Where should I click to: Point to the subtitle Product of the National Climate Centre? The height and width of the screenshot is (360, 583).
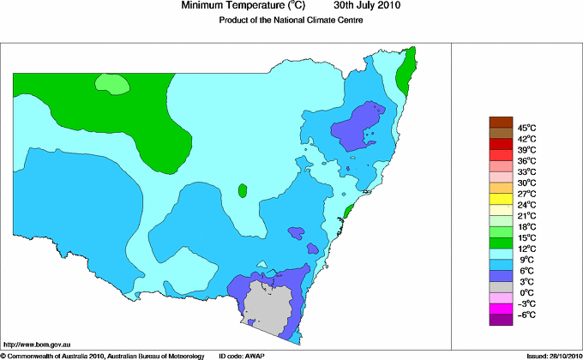291,21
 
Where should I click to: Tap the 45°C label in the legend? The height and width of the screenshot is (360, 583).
526,128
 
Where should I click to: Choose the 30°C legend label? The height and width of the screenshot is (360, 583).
526,183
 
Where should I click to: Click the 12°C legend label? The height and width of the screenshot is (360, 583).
526,249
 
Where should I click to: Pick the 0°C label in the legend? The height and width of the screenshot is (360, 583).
526,292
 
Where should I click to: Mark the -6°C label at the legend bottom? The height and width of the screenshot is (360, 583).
526,315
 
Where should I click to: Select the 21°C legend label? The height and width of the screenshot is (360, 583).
526,216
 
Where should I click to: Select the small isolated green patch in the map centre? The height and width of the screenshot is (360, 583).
243,189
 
